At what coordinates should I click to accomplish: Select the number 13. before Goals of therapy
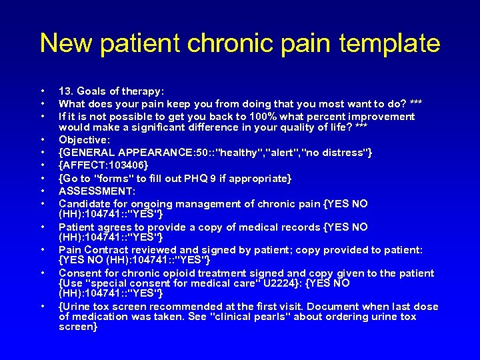click(67, 91)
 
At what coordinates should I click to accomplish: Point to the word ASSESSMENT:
click(97, 191)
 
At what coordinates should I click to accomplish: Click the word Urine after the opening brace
click(78, 307)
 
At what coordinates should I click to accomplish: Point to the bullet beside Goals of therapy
click(43, 91)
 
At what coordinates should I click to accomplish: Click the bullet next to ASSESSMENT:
click(43, 191)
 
